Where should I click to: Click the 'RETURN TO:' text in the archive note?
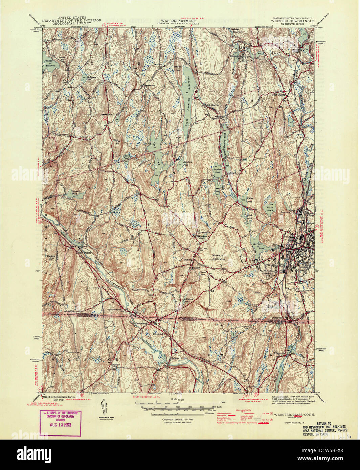coord(324,423)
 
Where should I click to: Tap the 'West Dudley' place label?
coord(85,252)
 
